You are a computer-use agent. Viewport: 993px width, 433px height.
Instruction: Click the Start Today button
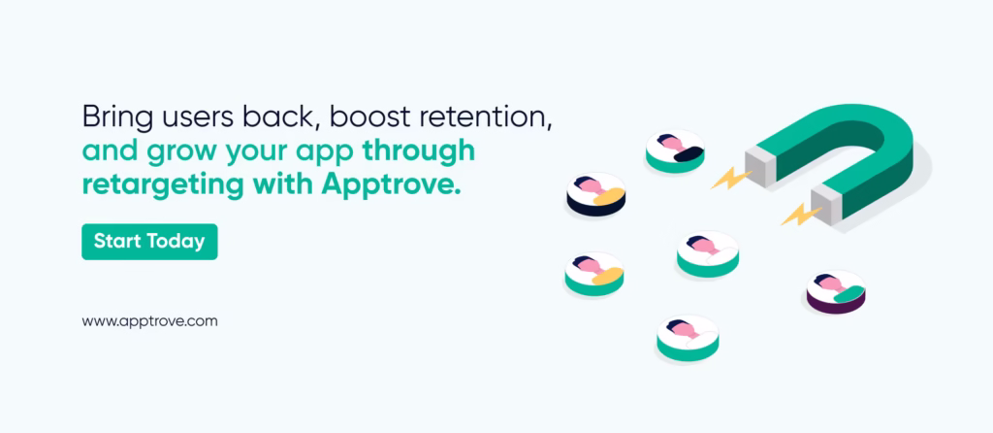tap(149, 242)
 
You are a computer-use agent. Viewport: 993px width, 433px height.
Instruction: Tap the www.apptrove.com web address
tap(149, 321)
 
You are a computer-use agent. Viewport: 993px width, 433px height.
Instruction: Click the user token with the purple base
tap(836, 291)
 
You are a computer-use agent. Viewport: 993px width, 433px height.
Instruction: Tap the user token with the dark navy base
tap(596, 194)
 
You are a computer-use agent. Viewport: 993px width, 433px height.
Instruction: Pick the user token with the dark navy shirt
tap(675, 150)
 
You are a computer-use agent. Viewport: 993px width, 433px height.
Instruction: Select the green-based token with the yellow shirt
tap(594, 274)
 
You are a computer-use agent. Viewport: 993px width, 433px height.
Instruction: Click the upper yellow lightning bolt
tap(731, 178)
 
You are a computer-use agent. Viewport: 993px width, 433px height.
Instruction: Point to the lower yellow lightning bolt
tap(801, 214)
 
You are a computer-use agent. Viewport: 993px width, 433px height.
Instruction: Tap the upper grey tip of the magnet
tap(760, 167)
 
